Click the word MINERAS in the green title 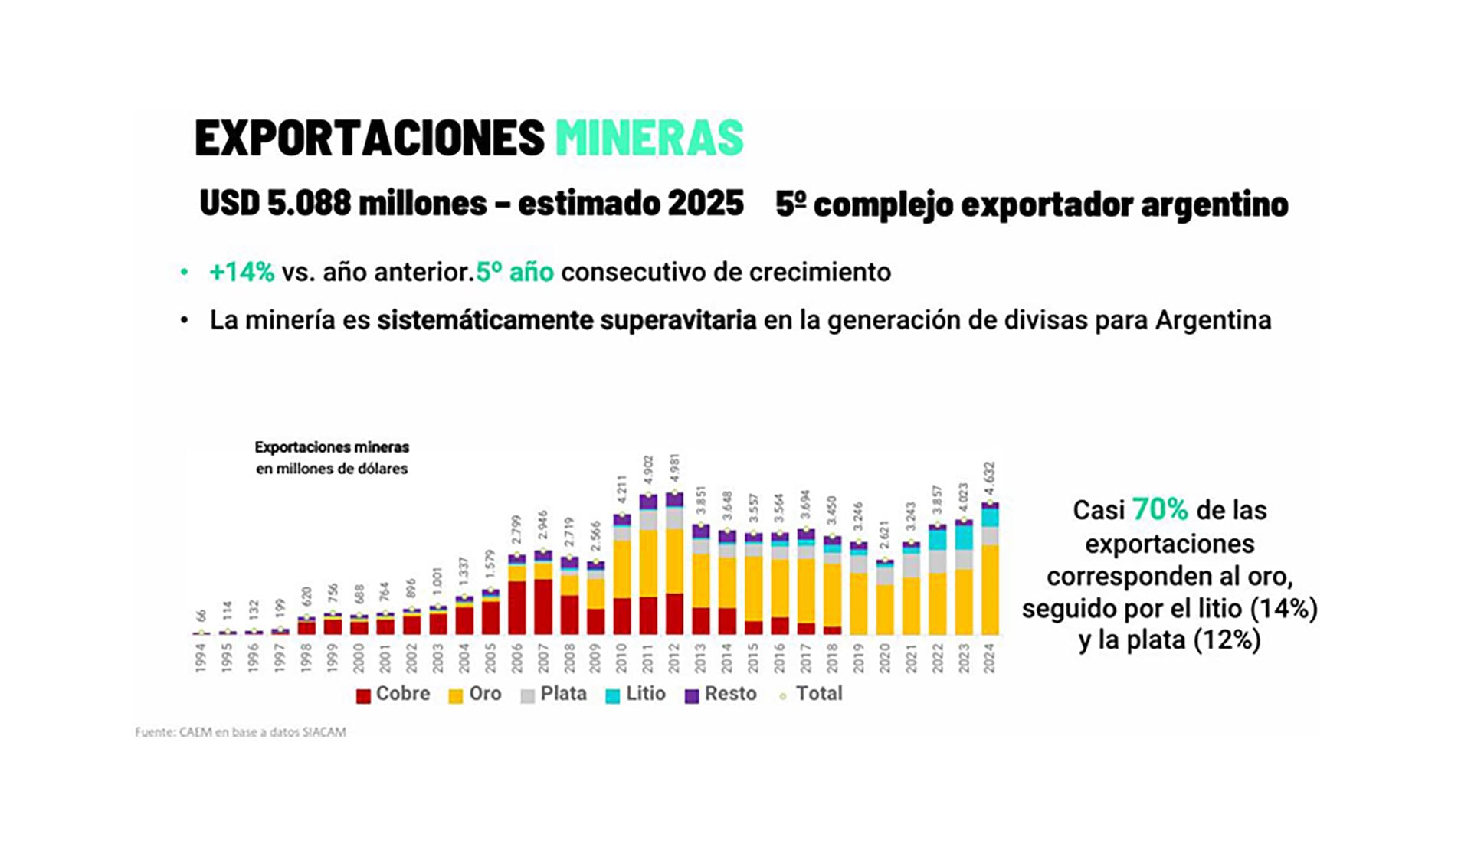(x=649, y=138)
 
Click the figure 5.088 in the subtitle (x=309, y=203)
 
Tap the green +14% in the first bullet (x=241, y=272)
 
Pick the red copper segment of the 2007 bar (x=543, y=607)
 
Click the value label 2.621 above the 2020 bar (x=885, y=537)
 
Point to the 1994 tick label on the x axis (x=201, y=658)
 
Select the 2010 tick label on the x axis (x=621, y=658)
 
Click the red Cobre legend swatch (x=364, y=695)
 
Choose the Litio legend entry (x=636, y=694)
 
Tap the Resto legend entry (x=721, y=694)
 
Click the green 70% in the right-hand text (x=1160, y=509)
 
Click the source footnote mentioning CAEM (x=240, y=732)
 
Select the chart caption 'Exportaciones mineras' (x=332, y=447)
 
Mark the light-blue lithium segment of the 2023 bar (x=964, y=537)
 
